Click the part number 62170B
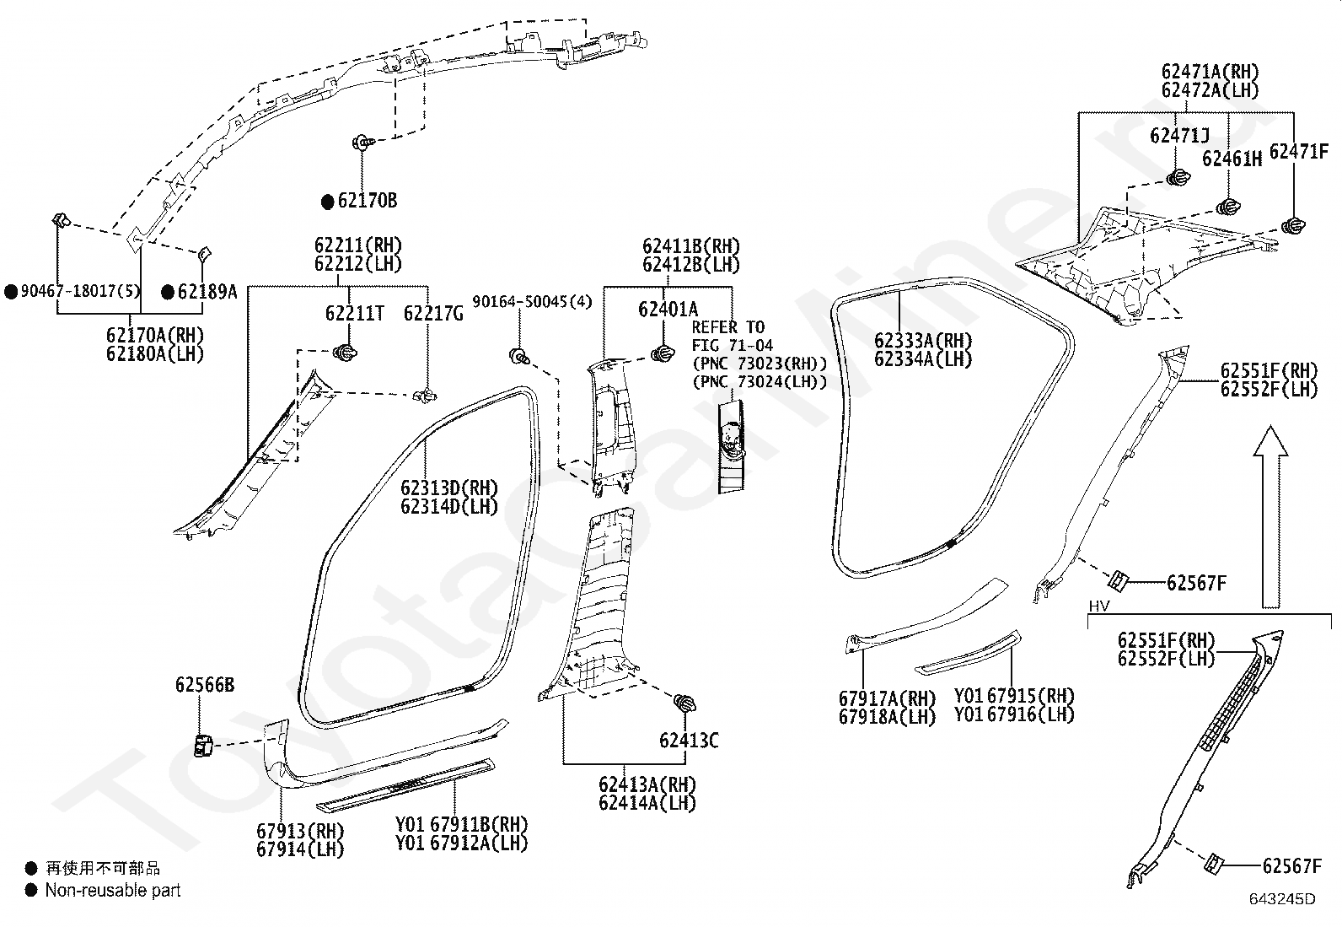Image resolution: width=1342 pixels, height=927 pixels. tap(368, 200)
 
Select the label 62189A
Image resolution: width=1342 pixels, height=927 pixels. tap(207, 291)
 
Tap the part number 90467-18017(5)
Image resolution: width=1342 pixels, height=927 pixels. tap(80, 291)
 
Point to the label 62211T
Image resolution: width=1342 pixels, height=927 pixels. tap(354, 313)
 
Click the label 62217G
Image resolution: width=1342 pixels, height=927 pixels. tap(433, 313)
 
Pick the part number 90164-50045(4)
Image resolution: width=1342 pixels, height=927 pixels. tap(532, 301)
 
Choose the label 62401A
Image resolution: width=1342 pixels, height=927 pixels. tap(668, 309)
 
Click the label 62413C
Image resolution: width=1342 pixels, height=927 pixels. tap(689, 741)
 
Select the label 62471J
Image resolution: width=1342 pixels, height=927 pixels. tap(1179, 136)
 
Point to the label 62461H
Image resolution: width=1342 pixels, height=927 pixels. tap(1232, 159)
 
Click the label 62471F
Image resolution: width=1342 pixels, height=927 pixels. tap(1299, 151)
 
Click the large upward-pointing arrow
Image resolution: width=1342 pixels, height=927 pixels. tap(1270, 517)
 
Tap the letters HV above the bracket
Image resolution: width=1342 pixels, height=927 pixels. tap(1099, 606)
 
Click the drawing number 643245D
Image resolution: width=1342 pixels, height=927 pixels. tap(1282, 899)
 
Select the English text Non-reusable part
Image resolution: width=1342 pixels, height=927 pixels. tap(113, 891)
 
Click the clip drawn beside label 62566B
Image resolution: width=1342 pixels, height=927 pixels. tap(203, 746)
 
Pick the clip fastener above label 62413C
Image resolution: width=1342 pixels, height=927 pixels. tap(684, 703)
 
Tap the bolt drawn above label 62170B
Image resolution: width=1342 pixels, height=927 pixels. tap(363, 143)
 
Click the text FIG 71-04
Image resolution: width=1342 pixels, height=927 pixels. tap(732, 345)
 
